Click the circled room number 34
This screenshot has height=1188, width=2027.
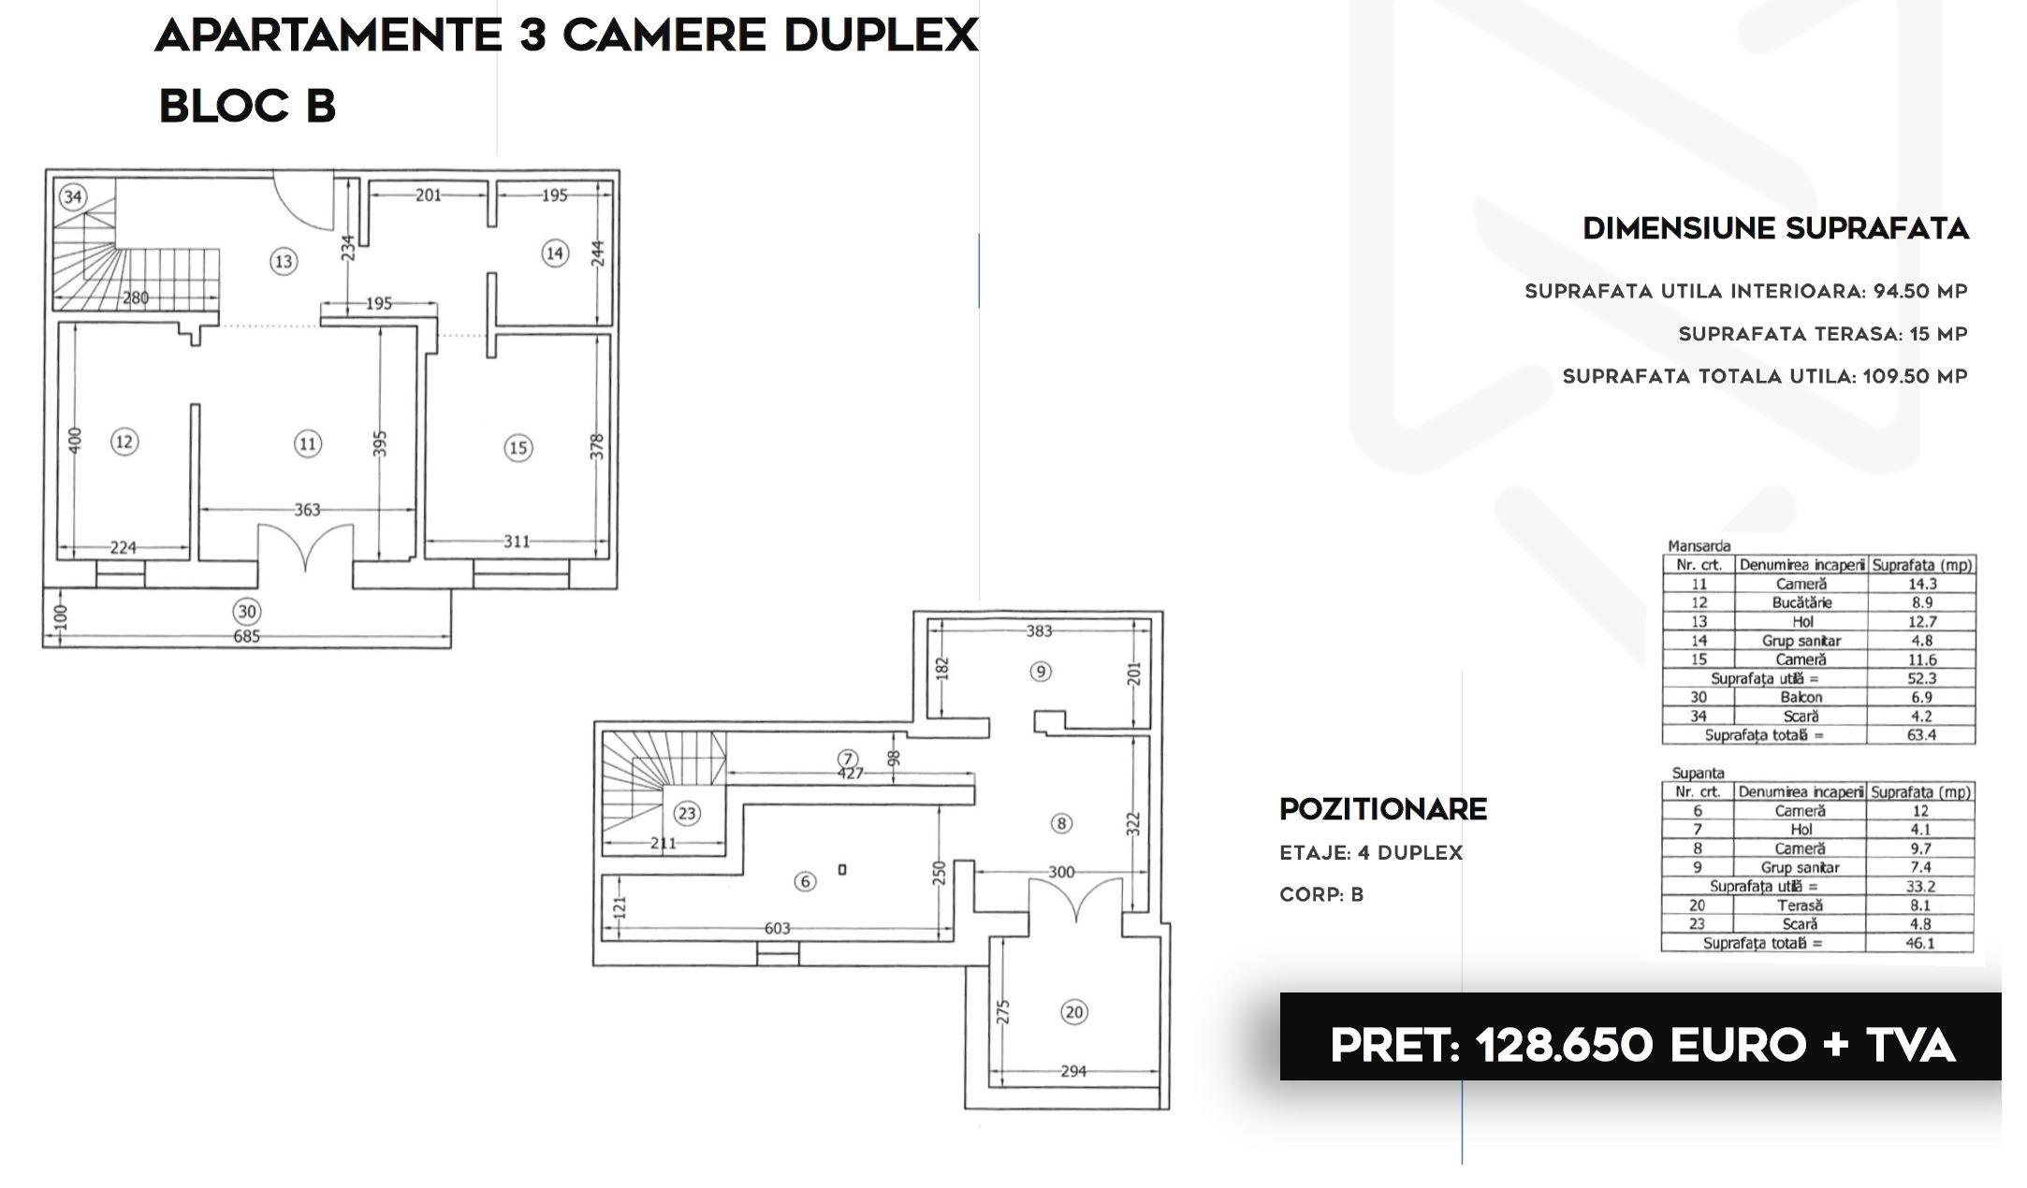[x=73, y=196]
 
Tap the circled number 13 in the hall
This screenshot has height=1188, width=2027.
[x=284, y=261]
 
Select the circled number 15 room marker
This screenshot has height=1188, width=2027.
[x=518, y=448]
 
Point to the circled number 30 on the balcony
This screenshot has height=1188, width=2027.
[x=247, y=612]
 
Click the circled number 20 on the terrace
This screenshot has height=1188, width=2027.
[x=1074, y=1012]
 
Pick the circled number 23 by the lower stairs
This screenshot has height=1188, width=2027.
[x=687, y=813]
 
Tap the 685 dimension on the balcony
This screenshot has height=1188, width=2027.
[x=246, y=637]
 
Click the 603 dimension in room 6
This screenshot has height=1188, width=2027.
[x=778, y=929]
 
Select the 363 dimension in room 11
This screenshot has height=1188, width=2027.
[x=307, y=510]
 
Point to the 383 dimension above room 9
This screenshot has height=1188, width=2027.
[x=1039, y=631]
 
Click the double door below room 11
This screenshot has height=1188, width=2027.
[x=306, y=547]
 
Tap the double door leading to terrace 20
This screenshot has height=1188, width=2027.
[x=1077, y=900]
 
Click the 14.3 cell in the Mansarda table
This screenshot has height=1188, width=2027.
[x=1922, y=584]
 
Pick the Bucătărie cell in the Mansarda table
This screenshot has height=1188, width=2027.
[x=1801, y=602]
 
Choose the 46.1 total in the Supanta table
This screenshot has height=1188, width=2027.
[x=1919, y=943]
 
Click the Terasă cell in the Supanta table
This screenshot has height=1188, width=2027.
[x=1801, y=905]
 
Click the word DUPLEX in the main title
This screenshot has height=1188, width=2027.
[x=881, y=36]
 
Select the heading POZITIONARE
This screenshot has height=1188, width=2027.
[x=1383, y=809]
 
